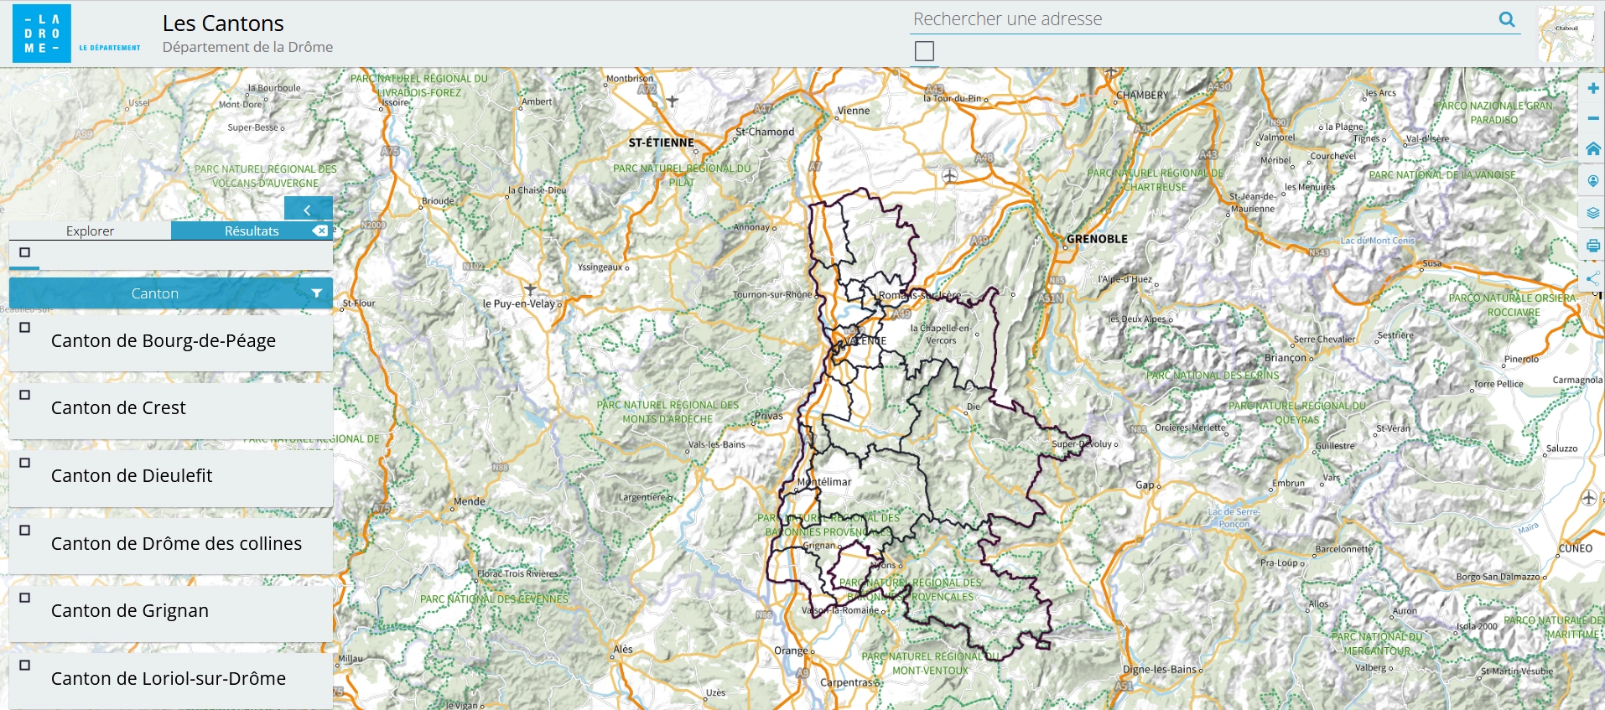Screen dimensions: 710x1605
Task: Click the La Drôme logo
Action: point(42,34)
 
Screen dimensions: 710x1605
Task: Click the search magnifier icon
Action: point(1506,19)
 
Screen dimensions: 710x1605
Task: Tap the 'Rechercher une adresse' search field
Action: point(1199,19)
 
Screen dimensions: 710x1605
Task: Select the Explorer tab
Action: point(90,231)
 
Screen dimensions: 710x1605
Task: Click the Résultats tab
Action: point(251,231)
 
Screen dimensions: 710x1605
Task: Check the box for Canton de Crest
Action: point(25,395)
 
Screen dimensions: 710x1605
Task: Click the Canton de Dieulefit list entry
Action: point(132,475)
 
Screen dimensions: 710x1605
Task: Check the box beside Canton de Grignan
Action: point(25,598)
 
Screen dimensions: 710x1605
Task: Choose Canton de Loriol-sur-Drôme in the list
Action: point(168,678)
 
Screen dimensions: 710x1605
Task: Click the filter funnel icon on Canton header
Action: point(316,293)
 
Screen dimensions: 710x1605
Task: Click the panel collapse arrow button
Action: point(308,210)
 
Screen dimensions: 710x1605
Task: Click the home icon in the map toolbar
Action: point(1592,149)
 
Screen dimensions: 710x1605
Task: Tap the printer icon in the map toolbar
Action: point(1592,246)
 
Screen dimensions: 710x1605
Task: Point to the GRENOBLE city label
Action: point(1097,239)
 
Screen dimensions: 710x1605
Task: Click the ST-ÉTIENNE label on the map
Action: point(661,143)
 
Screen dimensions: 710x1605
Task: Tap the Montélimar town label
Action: point(825,482)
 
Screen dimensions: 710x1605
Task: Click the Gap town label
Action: point(1145,485)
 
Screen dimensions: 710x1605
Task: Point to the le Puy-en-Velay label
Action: point(518,303)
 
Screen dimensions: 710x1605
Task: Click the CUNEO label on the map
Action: point(1575,548)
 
